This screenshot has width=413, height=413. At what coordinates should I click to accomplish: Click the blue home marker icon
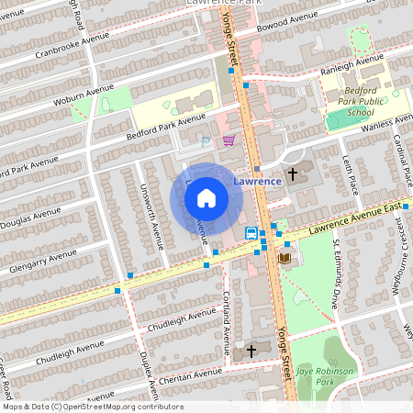pyautogui.click(x=206, y=197)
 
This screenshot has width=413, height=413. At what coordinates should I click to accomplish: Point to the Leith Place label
pyautogui.click(x=351, y=174)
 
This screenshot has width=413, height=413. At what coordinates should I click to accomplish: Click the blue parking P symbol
pyautogui.click(x=206, y=141)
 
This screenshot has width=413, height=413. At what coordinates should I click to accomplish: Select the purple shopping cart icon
pyautogui.click(x=228, y=140)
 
